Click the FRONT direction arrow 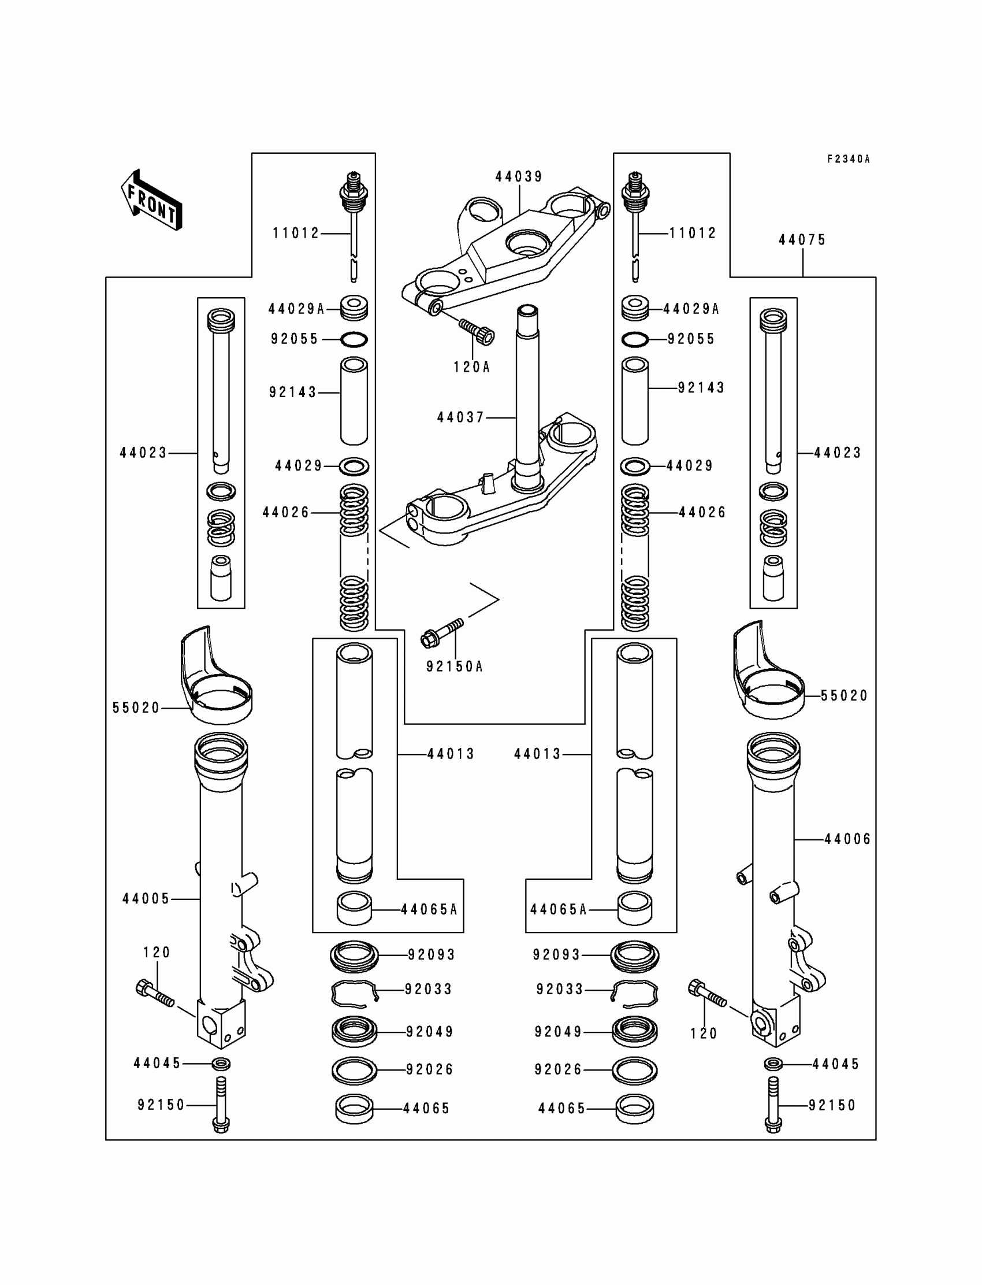pos(151,199)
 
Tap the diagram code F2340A pos(848,159)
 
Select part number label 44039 pos(519,177)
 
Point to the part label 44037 pos(460,417)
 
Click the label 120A pos(471,367)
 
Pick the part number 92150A pos(454,666)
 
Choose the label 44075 pos(802,240)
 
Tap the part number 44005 pos(146,898)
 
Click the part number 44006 pos(847,839)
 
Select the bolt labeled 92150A pos(441,632)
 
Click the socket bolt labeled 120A pos(477,331)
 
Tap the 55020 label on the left pos(136,708)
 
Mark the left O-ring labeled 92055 pos(354,339)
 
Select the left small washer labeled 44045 pos(221,1064)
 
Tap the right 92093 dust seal pos(635,955)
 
